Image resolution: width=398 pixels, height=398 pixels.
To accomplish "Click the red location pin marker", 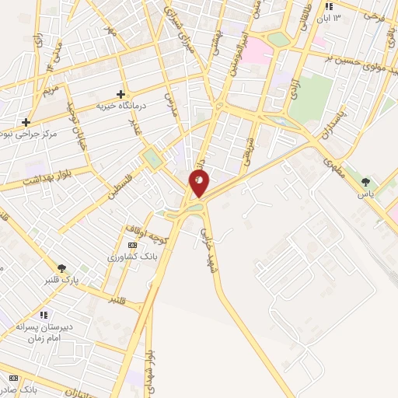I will coord(199,183).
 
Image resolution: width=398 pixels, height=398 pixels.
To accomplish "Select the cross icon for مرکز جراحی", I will coord(26,122).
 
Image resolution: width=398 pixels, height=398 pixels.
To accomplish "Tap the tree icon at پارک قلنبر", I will coord(61,268).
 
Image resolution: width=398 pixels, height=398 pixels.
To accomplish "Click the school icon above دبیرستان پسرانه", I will coord(44,315).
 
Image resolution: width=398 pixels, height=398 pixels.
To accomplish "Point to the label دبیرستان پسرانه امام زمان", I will coord(44,333).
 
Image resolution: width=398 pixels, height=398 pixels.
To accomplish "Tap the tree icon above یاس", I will coord(365,183).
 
